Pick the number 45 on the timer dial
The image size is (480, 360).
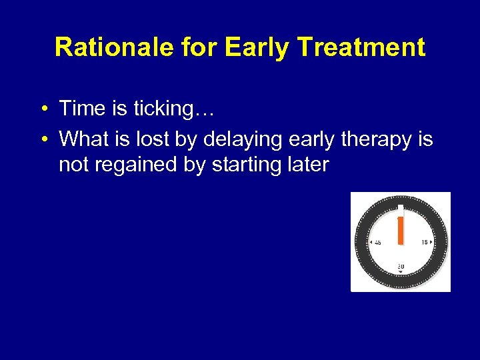tap(378, 243)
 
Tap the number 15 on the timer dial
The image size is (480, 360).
tap(424, 243)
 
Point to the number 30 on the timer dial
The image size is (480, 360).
tap(401, 266)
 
